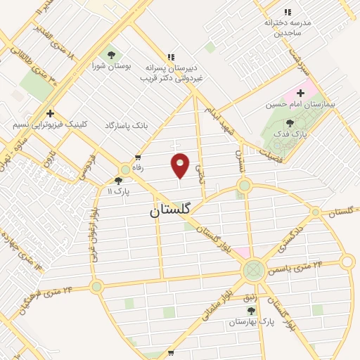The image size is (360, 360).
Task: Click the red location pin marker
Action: pyautogui.click(x=181, y=165)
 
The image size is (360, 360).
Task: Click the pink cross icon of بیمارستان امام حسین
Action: pyautogui.click(x=301, y=92)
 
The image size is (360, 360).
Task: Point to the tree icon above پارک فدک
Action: pyautogui.click(x=290, y=123)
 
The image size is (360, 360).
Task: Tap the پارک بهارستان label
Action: pyautogui.click(x=255, y=321)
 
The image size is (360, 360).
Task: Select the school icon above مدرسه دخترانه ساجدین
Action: pyautogui.click(x=287, y=12)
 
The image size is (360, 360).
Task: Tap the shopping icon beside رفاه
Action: pyautogui.click(x=138, y=157)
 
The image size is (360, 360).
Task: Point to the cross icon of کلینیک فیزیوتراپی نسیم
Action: pyautogui.click(x=51, y=113)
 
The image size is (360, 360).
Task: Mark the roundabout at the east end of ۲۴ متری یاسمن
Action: pyautogui.click(x=347, y=263)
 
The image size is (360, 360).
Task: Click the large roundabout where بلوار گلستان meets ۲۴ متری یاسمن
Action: pyautogui.click(x=254, y=270)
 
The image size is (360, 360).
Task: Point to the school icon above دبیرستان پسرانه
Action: pyautogui.click(x=169, y=57)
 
